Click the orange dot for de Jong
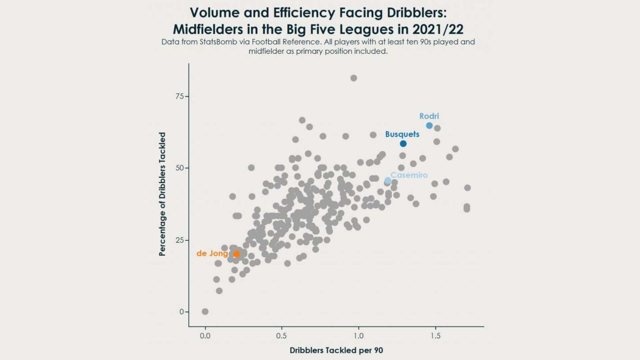tap(236, 254)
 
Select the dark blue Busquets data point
tap(403, 144)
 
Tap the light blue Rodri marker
tap(429, 126)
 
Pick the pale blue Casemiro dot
tap(388, 181)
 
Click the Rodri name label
tap(429, 116)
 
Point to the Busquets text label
tap(402, 134)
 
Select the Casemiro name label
tap(409, 175)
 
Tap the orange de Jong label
tap(212, 253)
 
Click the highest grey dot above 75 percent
tap(354, 78)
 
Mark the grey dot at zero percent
tap(205, 312)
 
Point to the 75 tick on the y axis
tap(180, 96)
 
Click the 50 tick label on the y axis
tap(180, 168)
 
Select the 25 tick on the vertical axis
tap(180, 240)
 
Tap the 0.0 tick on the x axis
tap(205, 336)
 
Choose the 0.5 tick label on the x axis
tap(281, 336)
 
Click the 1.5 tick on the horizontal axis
tap(435, 336)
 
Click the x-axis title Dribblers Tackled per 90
tap(336, 350)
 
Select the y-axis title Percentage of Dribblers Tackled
tap(162, 194)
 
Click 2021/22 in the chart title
tap(438, 29)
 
